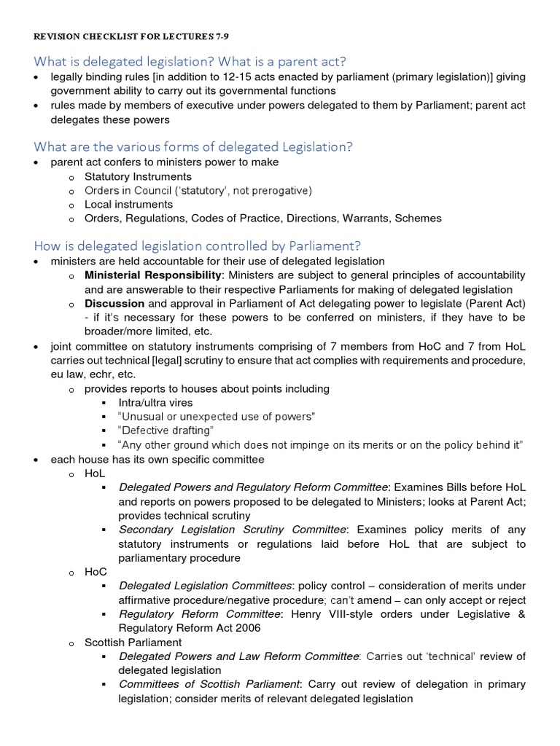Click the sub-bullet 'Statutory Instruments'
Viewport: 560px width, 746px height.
point(138,177)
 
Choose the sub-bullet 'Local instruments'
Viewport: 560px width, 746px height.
point(128,205)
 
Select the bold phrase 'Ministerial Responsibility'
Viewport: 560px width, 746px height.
point(153,275)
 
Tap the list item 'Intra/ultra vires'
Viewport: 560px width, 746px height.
point(155,402)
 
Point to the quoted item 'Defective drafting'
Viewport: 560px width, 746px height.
point(166,431)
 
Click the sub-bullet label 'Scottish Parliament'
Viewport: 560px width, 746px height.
point(133,643)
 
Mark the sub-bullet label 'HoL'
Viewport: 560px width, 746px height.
point(95,473)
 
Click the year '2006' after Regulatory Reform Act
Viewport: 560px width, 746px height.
point(246,628)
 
